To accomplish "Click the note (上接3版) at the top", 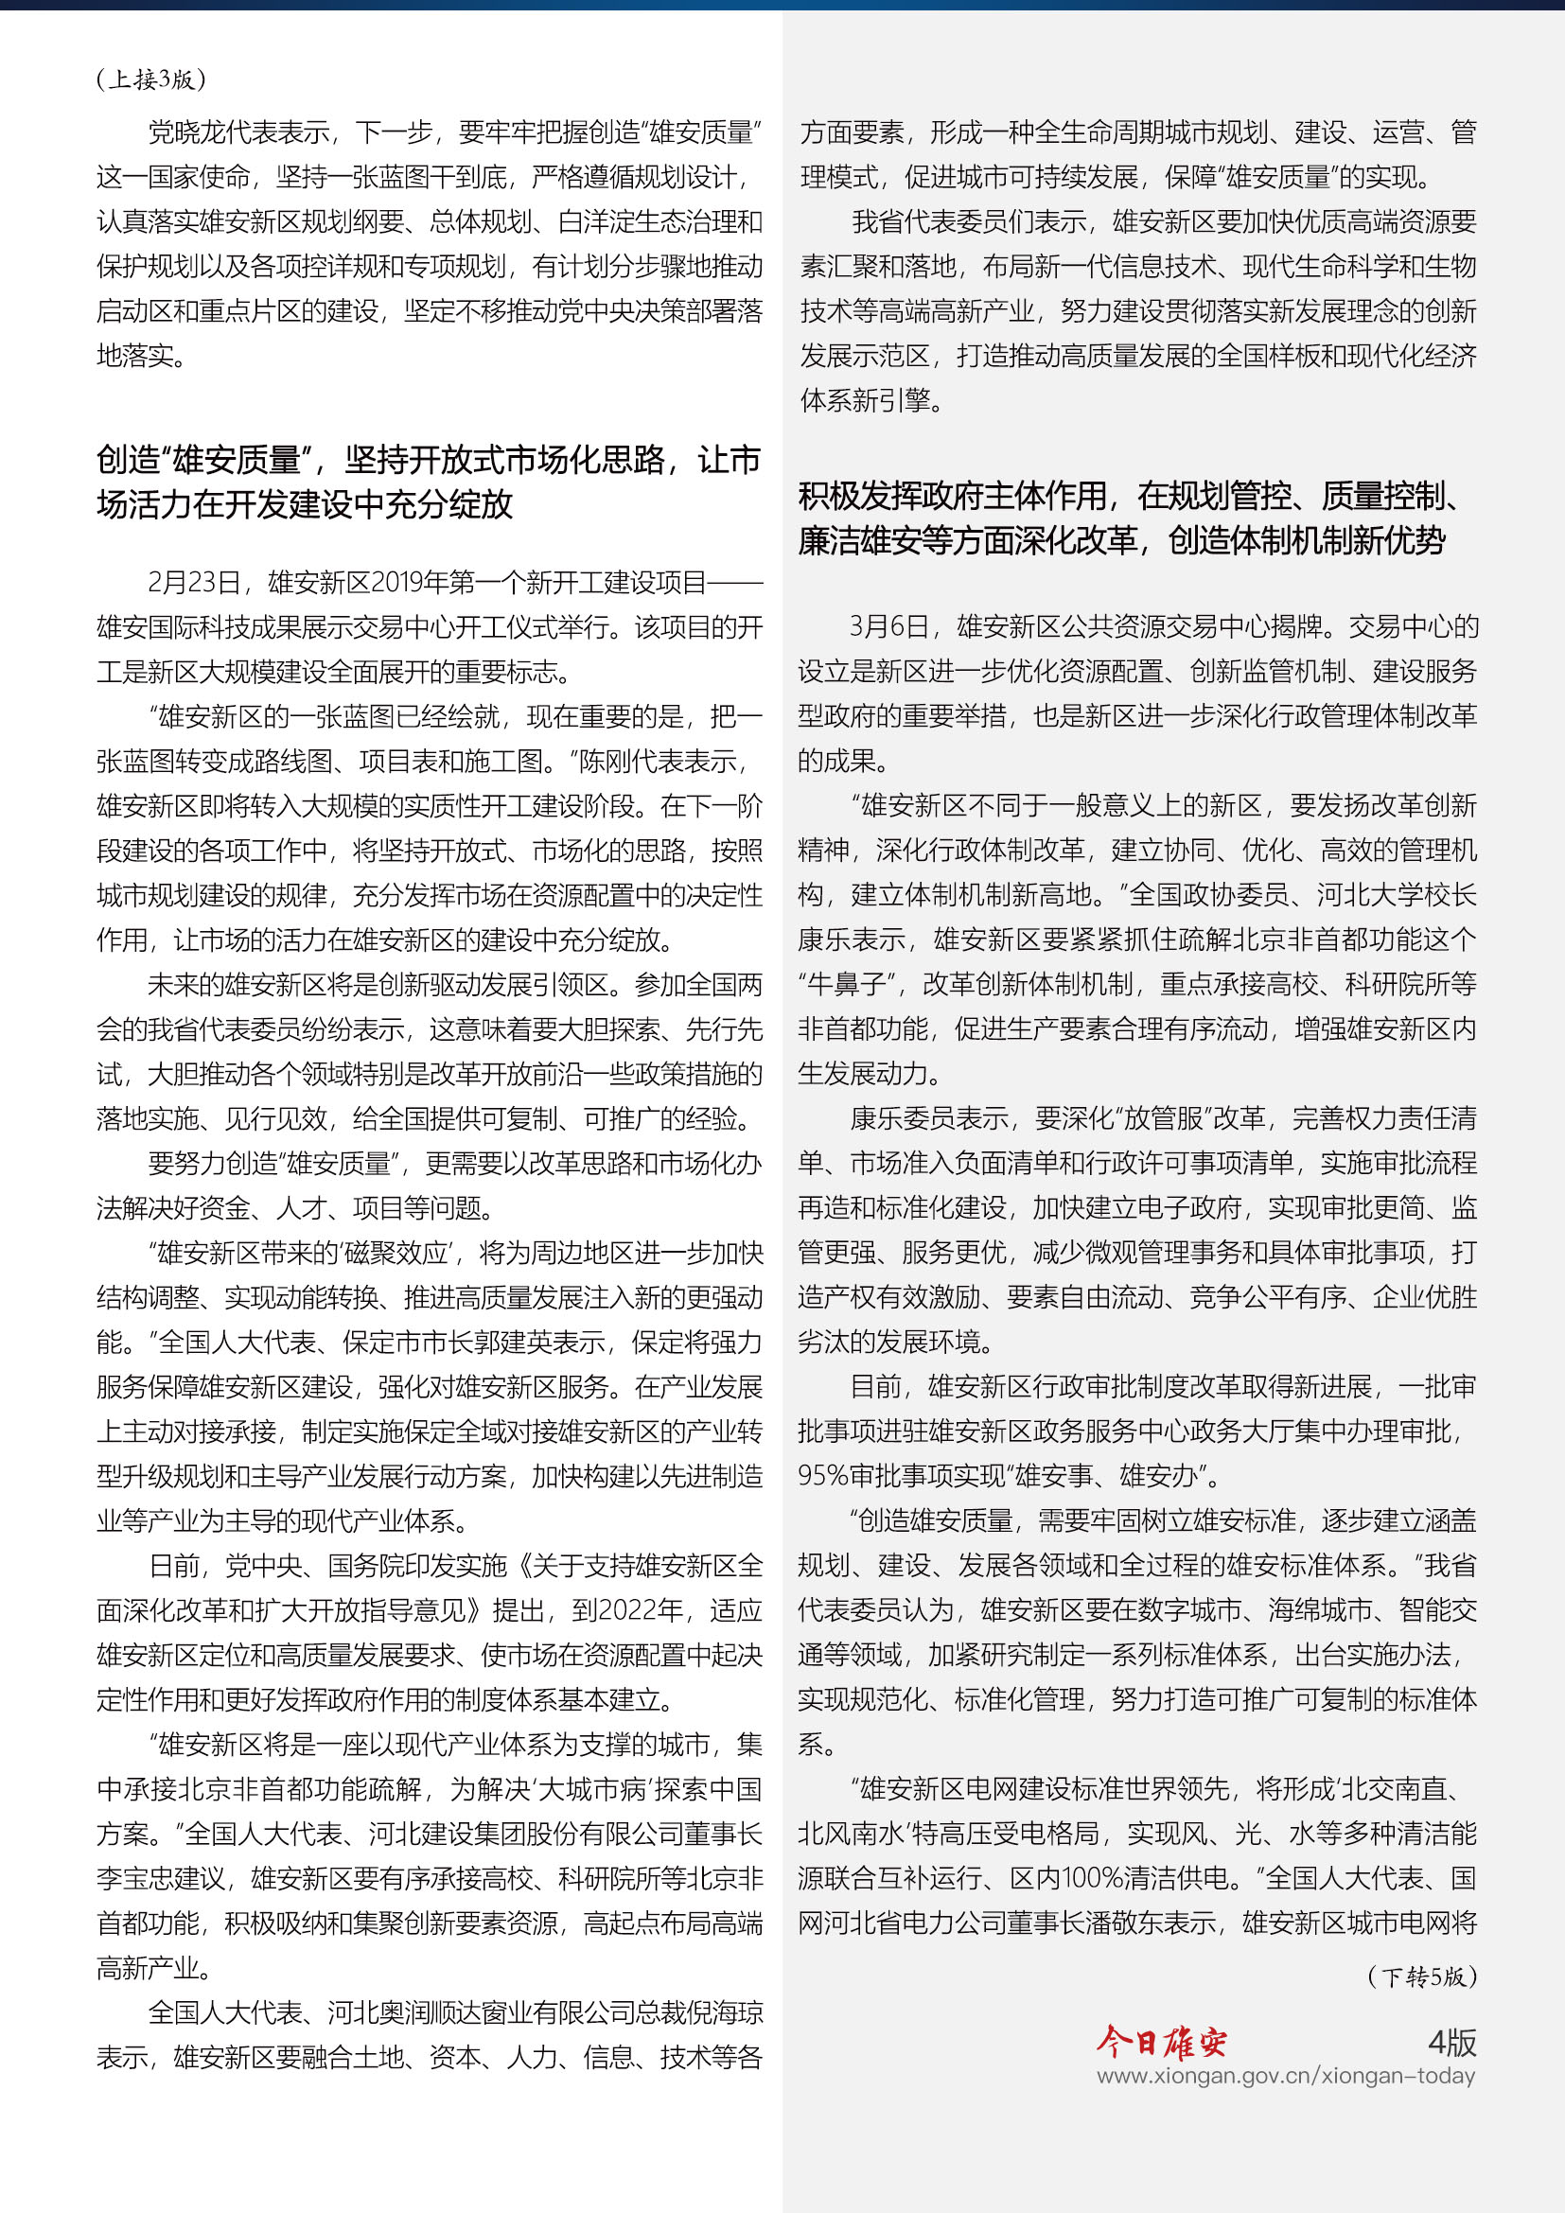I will click(151, 79).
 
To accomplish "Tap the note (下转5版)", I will click(1421, 1976).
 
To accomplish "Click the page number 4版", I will click(1451, 2042).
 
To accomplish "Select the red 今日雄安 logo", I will click(1161, 2042).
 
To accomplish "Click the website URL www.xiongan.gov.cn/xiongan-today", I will click(1286, 2076).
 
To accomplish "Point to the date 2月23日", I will click(194, 583).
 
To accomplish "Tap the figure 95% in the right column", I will click(822, 1477).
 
